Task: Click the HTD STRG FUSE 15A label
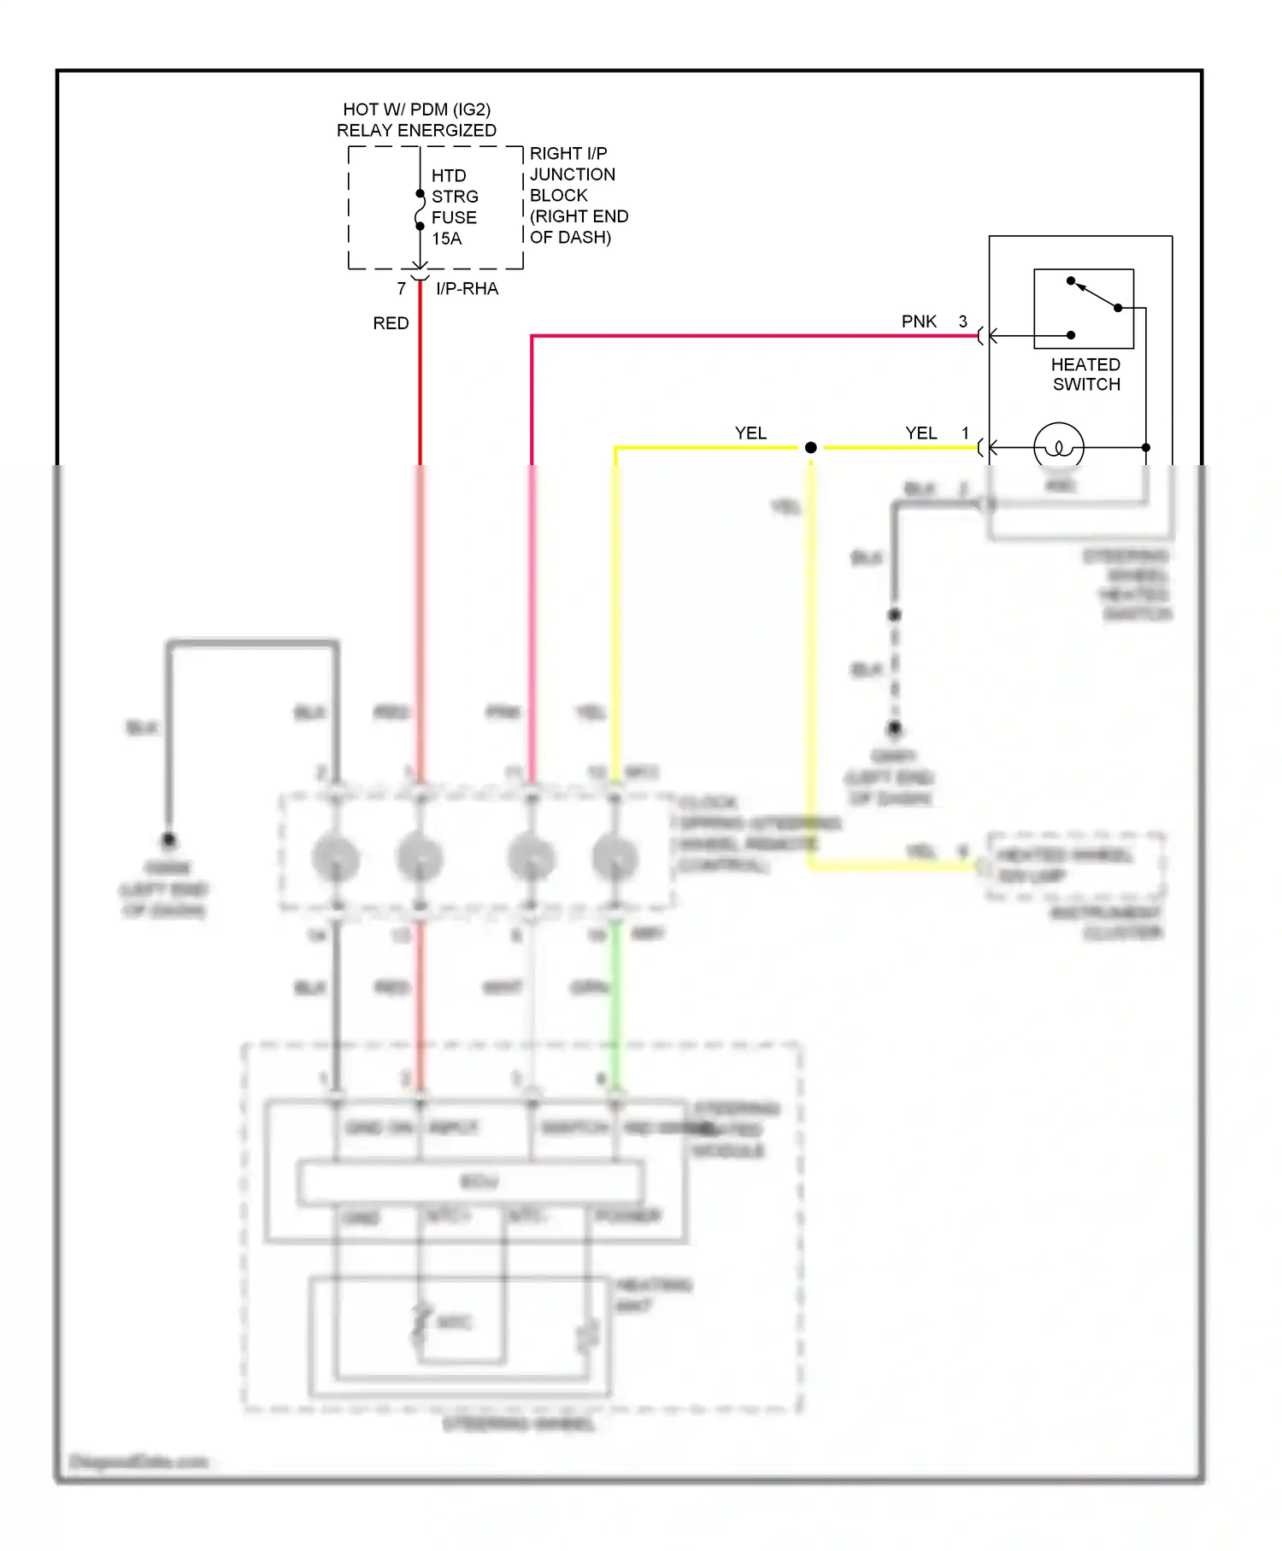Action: [x=454, y=207]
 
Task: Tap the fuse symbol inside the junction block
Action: [x=420, y=210]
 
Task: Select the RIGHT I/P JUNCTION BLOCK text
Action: [x=578, y=195]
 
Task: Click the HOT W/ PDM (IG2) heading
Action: [x=416, y=109]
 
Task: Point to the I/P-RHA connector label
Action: [x=467, y=289]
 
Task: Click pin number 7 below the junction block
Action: [x=401, y=289]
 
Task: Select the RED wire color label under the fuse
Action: [x=391, y=323]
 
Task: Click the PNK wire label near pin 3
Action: [x=919, y=321]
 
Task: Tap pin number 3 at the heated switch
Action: [x=962, y=321]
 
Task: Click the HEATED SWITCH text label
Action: [x=1085, y=374]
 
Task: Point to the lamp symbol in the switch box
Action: [x=1059, y=446]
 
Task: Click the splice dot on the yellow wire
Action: [x=810, y=447]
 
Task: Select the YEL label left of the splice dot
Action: [x=750, y=433]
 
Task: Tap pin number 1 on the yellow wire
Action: [x=965, y=433]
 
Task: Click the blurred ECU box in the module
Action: [x=471, y=1182]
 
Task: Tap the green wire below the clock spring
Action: [x=615, y=992]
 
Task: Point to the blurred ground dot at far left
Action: [x=168, y=840]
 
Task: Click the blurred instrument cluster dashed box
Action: [x=1075, y=866]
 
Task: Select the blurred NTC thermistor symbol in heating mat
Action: [x=420, y=1322]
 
